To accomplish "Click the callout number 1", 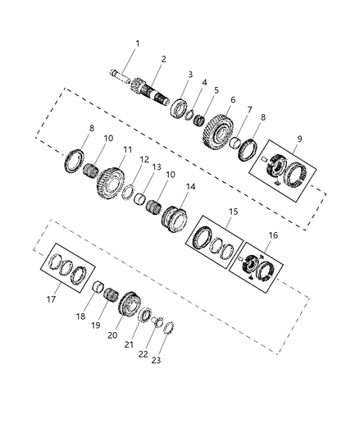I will click(x=137, y=43).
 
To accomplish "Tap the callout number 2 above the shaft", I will click(x=163, y=59).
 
